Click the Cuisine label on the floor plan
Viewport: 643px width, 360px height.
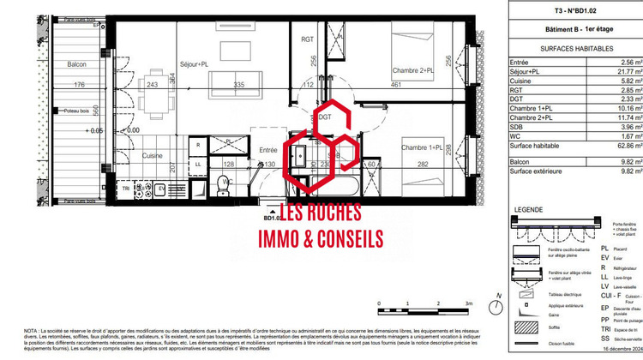point(129,156)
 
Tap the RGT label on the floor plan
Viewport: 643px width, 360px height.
point(308,40)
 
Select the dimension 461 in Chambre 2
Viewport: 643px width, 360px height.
point(396,85)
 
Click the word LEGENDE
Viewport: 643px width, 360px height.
point(527,210)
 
